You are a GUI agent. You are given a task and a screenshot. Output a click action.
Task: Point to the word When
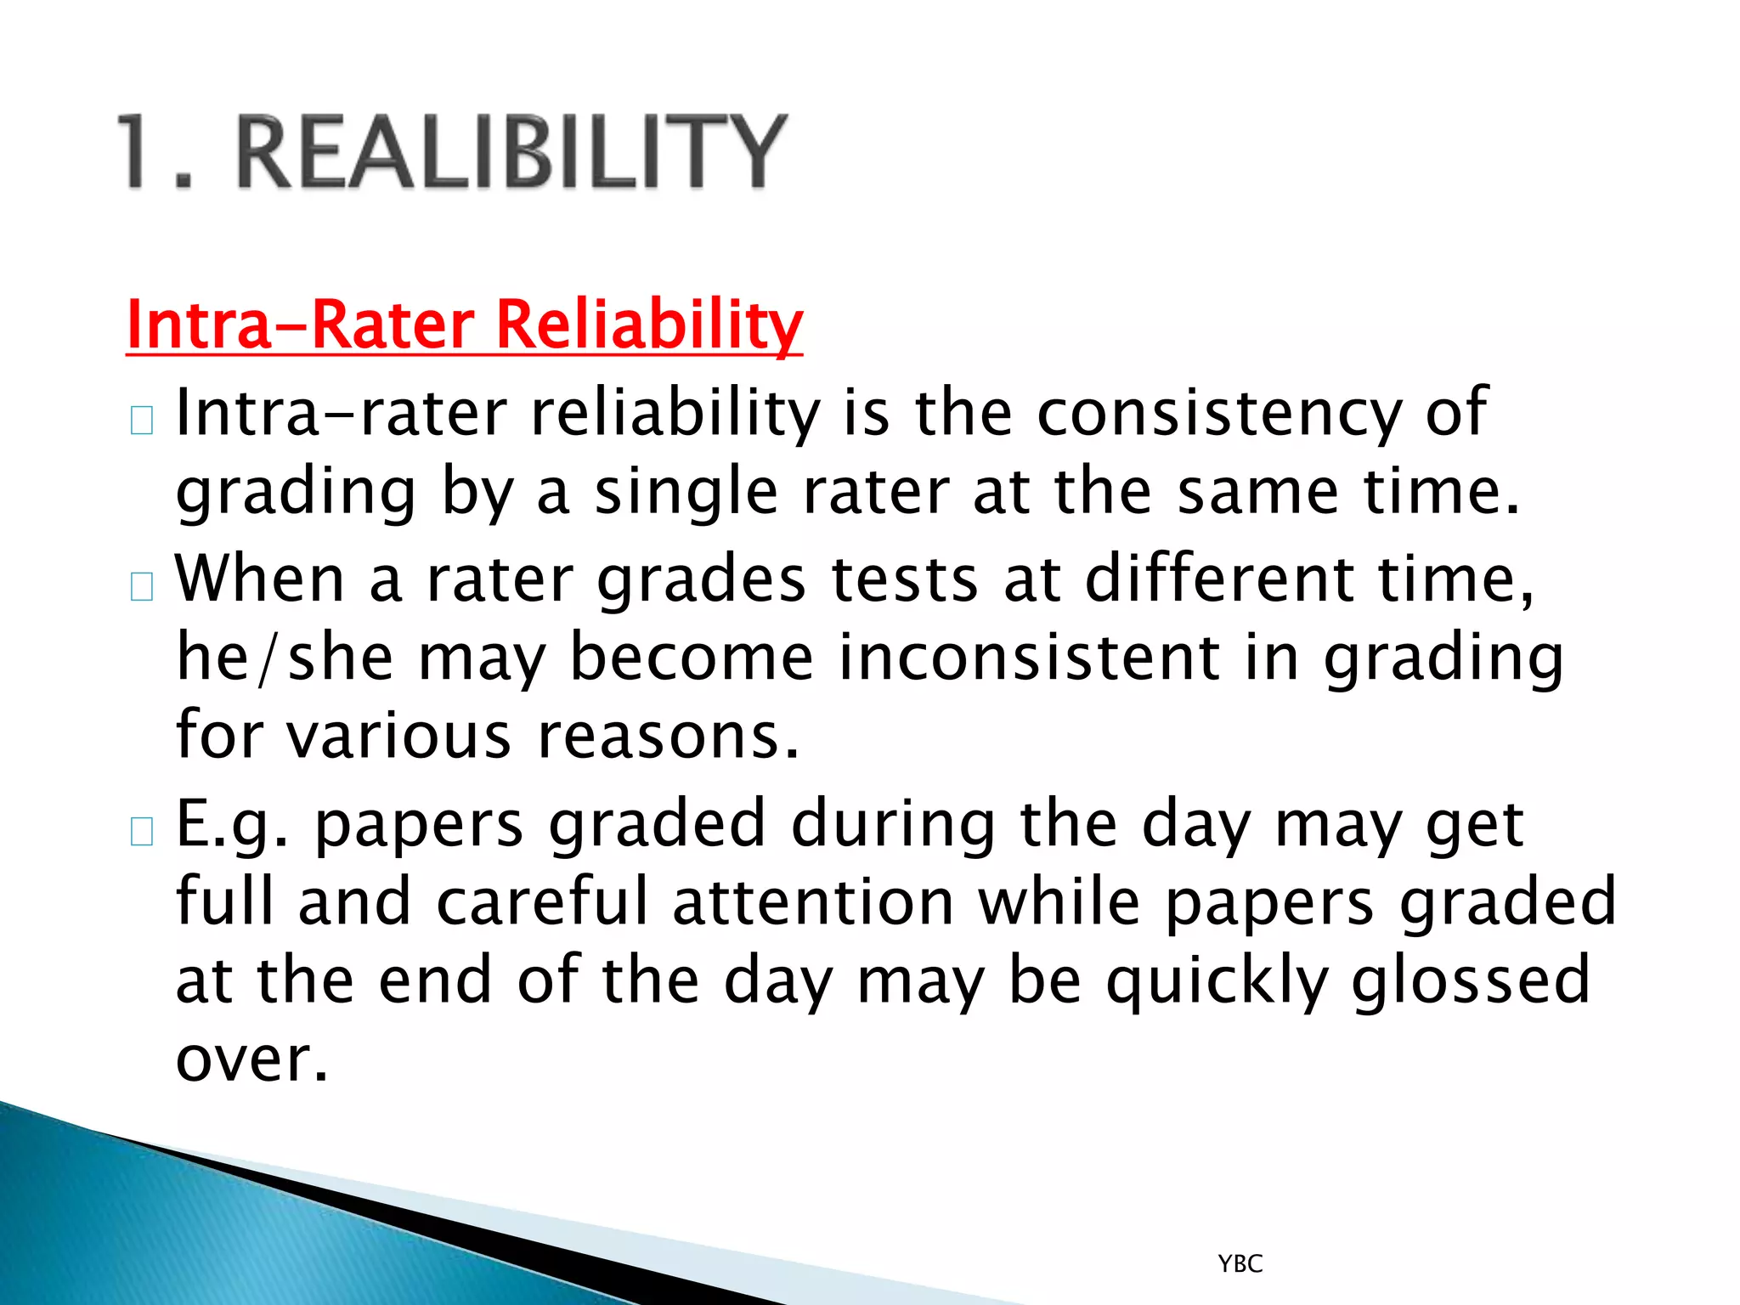pyautogui.click(x=260, y=579)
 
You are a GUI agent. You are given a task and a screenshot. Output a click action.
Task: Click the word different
pyautogui.click(x=1219, y=579)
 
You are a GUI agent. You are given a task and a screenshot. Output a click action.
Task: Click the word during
pyautogui.click(x=892, y=824)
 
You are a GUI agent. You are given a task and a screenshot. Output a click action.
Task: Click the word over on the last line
pyautogui.click(x=251, y=1059)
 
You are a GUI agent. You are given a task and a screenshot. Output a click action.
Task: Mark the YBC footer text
pyautogui.click(x=1240, y=1264)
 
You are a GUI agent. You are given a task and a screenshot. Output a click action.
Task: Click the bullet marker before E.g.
pyautogui.click(x=142, y=832)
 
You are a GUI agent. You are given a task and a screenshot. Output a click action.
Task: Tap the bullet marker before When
pyautogui.click(x=142, y=587)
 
